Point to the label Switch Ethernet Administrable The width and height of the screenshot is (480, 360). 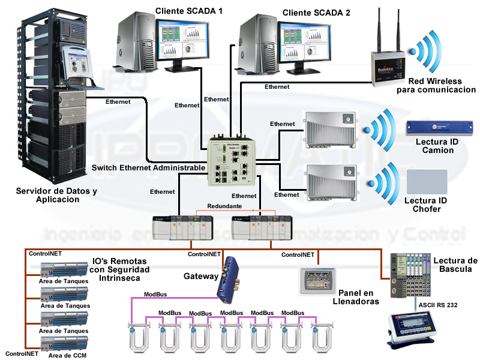pyautogui.click(x=149, y=168)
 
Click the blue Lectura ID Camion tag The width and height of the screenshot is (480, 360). pyautogui.click(x=430, y=128)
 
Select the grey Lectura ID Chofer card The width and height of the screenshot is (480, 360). pyautogui.click(x=427, y=181)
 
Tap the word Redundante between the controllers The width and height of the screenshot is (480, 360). pyautogui.click(x=224, y=206)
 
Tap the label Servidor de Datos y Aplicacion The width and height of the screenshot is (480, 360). pyautogui.click(x=56, y=195)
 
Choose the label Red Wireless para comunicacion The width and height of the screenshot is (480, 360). pyautogui.click(x=436, y=85)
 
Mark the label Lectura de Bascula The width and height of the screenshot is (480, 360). pyautogui.click(x=455, y=265)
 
